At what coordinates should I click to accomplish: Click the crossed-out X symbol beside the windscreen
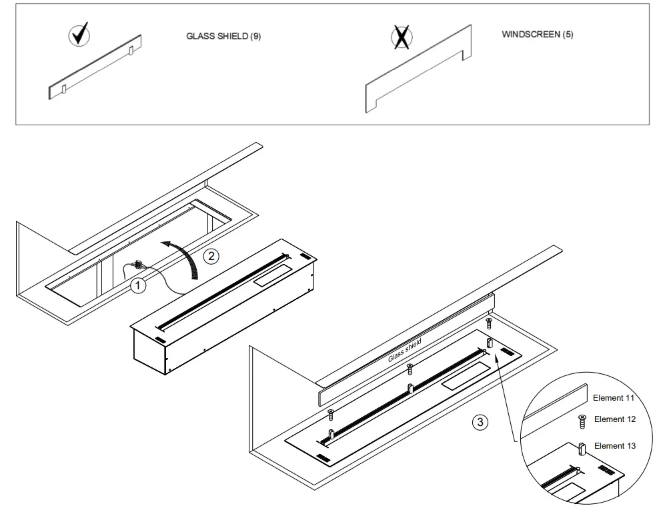point(401,38)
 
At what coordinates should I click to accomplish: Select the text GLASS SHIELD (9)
point(223,37)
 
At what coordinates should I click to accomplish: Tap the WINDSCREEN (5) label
point(537,35)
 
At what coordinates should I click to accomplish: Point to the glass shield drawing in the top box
point(95,67)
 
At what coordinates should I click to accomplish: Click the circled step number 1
point(137,286)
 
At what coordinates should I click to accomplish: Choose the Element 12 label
point(614,419)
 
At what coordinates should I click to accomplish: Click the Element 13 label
point(614,445)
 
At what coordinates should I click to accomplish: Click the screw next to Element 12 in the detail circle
point(582,420)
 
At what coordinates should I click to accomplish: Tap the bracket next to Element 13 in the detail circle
point(582,447)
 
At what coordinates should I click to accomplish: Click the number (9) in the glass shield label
point(255,37)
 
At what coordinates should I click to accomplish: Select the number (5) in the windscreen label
point(567,35)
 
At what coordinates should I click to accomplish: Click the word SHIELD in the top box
point(233,37)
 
